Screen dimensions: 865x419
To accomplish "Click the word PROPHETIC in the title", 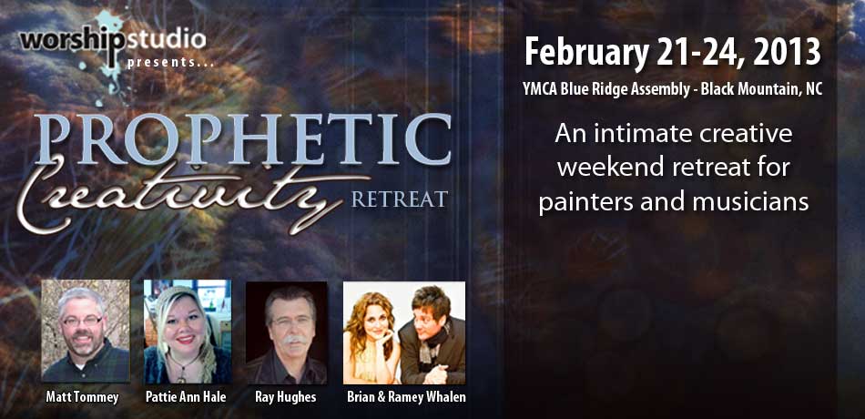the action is [x=243, y=138].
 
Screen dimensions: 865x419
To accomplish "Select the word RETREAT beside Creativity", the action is [x=400, y=199].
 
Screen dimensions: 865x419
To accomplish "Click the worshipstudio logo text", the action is [x=113, y=41].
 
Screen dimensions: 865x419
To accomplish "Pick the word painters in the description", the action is [x=580, y=202].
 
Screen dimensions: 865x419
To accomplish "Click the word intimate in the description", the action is [x=640, y=134].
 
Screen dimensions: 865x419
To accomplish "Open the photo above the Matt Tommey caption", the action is [x=86, y=332].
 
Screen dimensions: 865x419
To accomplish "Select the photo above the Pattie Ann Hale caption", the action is [x=188, y=332].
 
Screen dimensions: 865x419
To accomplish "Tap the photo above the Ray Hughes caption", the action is [x=286, y=332].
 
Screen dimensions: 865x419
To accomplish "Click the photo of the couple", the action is [x=403, y=332].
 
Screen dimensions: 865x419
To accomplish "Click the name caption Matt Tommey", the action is [x=82, y=397].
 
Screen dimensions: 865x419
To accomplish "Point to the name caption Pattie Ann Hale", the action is [x=186, y=397].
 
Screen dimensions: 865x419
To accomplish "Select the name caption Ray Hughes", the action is [x=286, y=397].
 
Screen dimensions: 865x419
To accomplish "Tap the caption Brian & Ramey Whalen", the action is [x=407, y=397].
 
